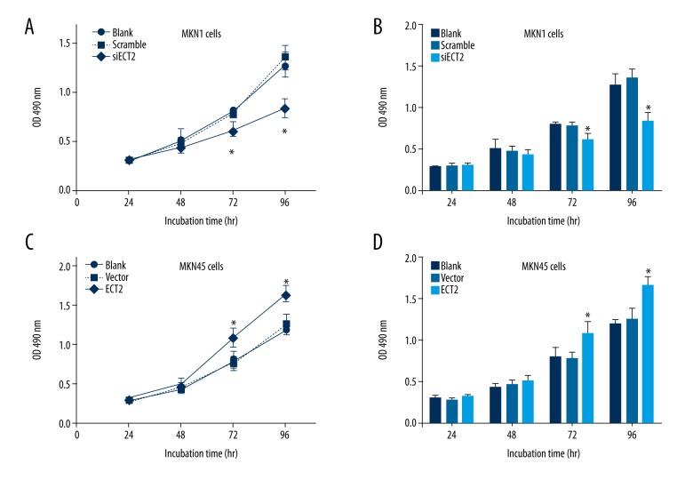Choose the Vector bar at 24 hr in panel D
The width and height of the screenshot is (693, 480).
pyautogui.click(x=451, y=411)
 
